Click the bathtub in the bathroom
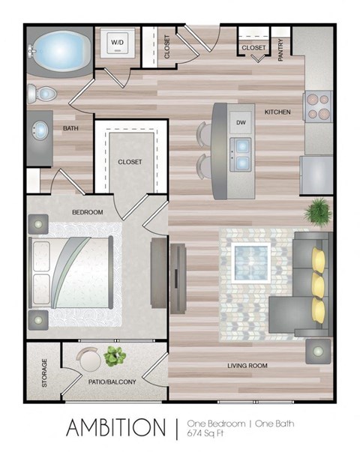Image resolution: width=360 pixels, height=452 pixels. coord(62,51)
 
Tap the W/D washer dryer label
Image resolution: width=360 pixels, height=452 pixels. coord(118,43)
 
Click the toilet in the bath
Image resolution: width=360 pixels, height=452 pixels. coord(43,94)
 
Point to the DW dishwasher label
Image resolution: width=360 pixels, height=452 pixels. coord(241,122)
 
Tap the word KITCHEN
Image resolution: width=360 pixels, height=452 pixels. coord(277,112)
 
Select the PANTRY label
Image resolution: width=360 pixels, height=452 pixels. coord(280,49)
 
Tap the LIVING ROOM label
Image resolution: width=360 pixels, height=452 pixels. coord(249,365)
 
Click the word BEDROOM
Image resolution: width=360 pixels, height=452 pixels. coord(87,213)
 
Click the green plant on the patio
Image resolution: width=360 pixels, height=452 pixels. coord(114,356)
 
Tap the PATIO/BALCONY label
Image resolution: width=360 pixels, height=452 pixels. coord(112,382)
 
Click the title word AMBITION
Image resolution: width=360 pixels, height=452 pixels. coord(115,427)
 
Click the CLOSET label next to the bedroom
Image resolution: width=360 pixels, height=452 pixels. coord(131,161)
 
